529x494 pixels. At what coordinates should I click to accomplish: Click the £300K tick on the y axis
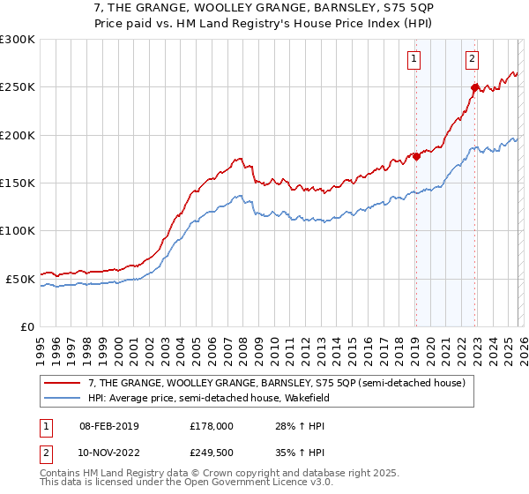(x=17, y=40)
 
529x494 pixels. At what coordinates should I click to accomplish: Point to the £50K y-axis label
(x=20, y=279)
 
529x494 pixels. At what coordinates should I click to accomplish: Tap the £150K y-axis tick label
(x=17, y=183)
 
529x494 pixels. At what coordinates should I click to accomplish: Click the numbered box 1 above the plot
(x=414, y=59)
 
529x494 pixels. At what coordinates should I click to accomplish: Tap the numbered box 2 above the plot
(x=473, y=59)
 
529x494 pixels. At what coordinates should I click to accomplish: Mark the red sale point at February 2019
(x=416, y=157)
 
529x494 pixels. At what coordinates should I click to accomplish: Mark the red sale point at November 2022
(x=474, y=88)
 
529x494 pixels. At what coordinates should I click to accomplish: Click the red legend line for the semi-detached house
(x=63, y=383)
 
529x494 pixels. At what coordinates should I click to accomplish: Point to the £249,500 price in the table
(x=212, y=453)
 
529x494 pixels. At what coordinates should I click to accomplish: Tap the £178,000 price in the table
(x=212, y=427)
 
